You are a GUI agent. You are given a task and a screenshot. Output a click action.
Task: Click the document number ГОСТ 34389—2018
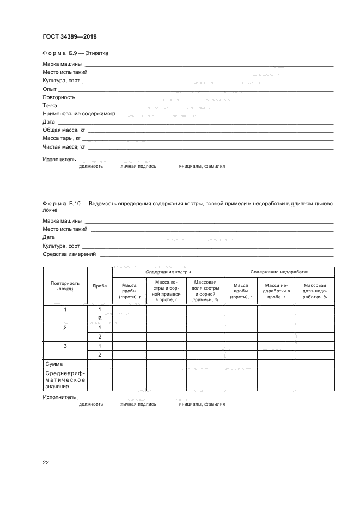(70, 37)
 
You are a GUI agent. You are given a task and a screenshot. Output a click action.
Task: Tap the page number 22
(46, 462)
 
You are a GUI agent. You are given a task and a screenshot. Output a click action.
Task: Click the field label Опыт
(49, 89)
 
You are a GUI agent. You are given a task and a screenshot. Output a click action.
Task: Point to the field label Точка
(50, 106)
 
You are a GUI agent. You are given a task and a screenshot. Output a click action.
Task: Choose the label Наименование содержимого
(78, 114)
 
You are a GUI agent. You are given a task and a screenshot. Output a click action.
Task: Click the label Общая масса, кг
(64, 131)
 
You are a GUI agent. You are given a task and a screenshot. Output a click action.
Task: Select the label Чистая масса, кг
(64, 147)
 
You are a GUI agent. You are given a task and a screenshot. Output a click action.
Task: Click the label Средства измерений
(69, 254)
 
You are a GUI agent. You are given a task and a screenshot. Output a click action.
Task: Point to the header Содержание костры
(168, 271)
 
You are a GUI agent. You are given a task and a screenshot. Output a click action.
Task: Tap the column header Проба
(99, 286)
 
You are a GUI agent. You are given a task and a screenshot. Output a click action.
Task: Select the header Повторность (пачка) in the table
(65, 286)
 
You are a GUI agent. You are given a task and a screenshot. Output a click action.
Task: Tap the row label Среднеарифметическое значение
(64, 379)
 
